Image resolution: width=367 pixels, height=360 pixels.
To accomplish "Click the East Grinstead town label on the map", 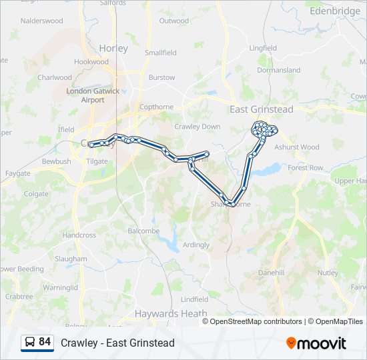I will click(x=261, y=110).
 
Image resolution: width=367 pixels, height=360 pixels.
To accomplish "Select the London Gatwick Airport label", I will click(x=83, y=95).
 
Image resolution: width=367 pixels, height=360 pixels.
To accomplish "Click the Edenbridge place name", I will click(x=334, y=11).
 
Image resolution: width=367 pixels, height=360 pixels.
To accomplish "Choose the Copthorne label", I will click(x=156, y=107).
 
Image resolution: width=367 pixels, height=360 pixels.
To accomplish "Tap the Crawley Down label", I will click(x=197, y=127).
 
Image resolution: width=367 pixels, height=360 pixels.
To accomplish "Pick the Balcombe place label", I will click(x=143, y=231).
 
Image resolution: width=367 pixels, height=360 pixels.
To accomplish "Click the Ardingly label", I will click(x=196, y=245).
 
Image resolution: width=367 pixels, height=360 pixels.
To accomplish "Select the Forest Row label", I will click(x=306, y=168).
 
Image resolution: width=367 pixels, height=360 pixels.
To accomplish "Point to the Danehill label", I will click(x=271, y=273).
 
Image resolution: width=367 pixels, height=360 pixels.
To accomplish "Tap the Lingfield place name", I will click(x=263, y=48).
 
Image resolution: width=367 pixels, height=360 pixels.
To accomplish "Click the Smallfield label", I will click(x=160, y=53).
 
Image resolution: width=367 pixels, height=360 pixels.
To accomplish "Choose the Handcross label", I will click(x=79, y=235).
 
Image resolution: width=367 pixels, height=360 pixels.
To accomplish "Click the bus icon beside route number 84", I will click(x=30, y=342).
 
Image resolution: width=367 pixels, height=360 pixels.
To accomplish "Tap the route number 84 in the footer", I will click(x=45, y=342).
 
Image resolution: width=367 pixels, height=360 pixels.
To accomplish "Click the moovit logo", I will click(x=316, y=343).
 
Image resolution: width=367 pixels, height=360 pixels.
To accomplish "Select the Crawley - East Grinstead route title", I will click(x=117, y=343).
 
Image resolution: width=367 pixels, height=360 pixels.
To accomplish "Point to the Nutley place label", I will click(x=328, y=273).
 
